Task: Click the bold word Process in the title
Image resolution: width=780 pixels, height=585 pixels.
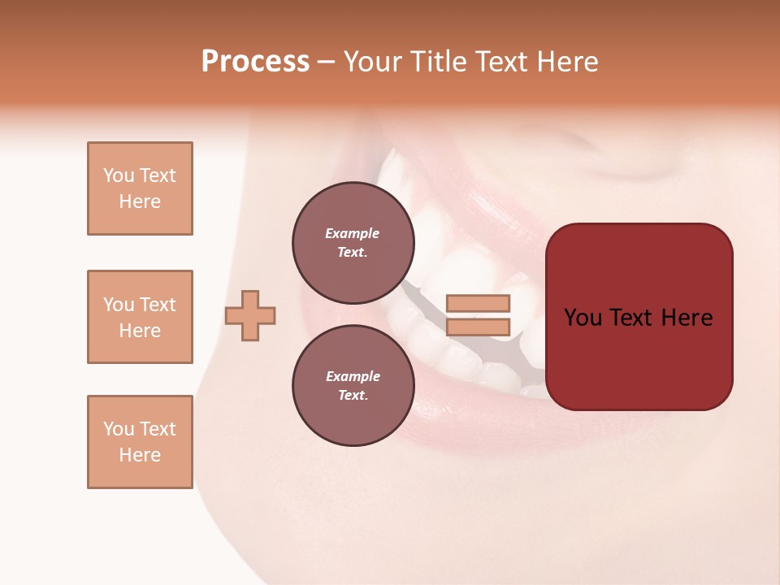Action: click(255, 62)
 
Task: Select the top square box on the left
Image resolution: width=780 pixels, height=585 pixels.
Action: click(140, 188)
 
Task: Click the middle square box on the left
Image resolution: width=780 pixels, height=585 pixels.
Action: click(140, 317)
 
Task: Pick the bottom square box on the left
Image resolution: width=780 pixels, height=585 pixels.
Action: click(140, 442)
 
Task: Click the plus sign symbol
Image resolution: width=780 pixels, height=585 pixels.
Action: click(250, 315)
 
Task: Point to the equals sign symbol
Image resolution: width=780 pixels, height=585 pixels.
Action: click(478, 315)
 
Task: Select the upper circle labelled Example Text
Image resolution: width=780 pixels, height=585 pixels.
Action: click(353, 242)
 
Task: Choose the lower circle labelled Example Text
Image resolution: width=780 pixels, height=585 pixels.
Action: click(353, 385)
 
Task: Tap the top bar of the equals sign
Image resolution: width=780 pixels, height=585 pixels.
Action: click(478, 304)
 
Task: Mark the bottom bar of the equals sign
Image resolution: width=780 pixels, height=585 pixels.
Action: click(478, 327)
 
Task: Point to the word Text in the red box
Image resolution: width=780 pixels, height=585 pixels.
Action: click(638, 318)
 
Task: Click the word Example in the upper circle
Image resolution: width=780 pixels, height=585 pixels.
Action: click(353, 233)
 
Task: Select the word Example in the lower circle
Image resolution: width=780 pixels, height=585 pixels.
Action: click(353, 376)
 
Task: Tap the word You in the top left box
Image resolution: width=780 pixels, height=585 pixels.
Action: click(118, 175)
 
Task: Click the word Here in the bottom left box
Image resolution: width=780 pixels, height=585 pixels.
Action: click(140, 455)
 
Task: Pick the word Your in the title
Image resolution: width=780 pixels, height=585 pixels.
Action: click(373, 62)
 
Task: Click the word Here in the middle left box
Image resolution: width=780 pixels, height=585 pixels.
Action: click(140, 331)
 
